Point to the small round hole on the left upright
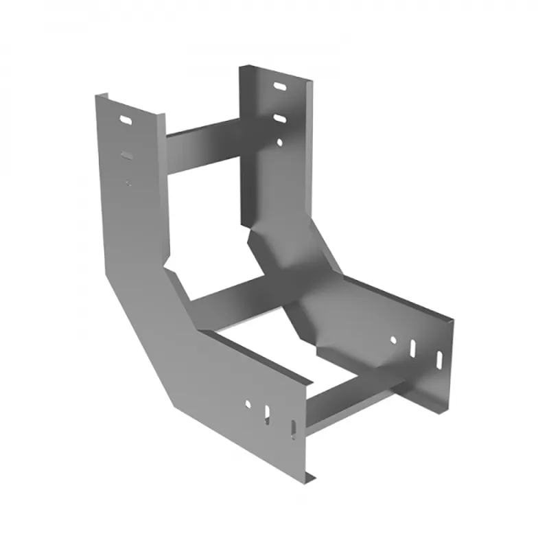[128, 182]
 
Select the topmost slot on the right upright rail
[281, 87]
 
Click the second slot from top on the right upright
[281, 119]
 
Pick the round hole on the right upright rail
[280, 143]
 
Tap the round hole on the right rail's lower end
[393, 339]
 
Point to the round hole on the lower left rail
[248, 404]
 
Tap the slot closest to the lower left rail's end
[293, 430]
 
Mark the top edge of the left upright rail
[130, 103]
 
